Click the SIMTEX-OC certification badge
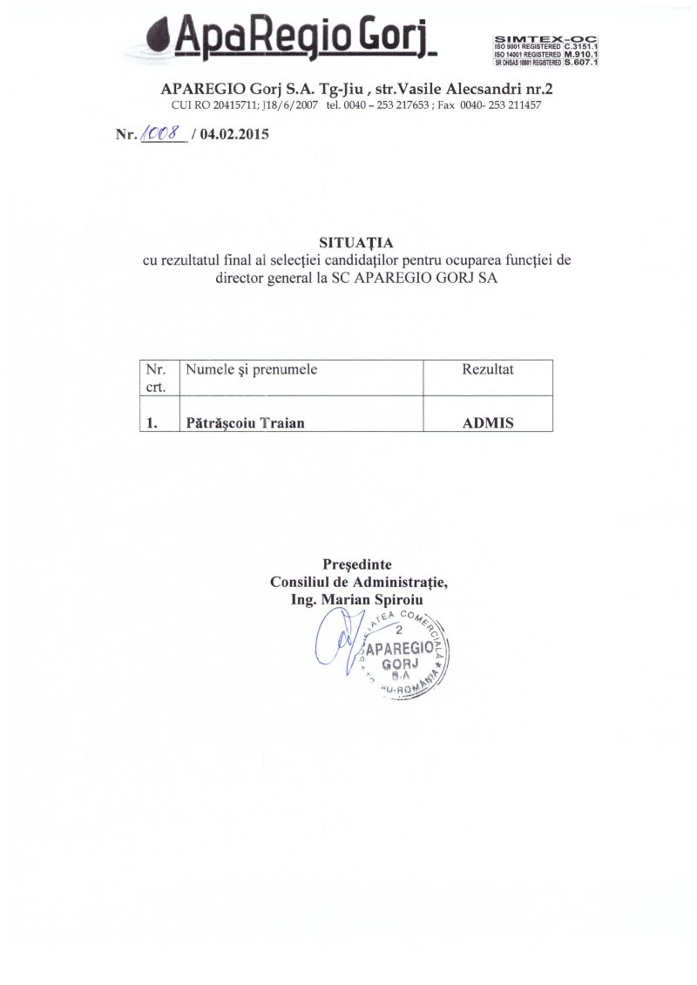tap(551, 51)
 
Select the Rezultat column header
tap(488, 369)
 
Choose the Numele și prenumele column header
tap(252, 369)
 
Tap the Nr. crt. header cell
tap(158, 377)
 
